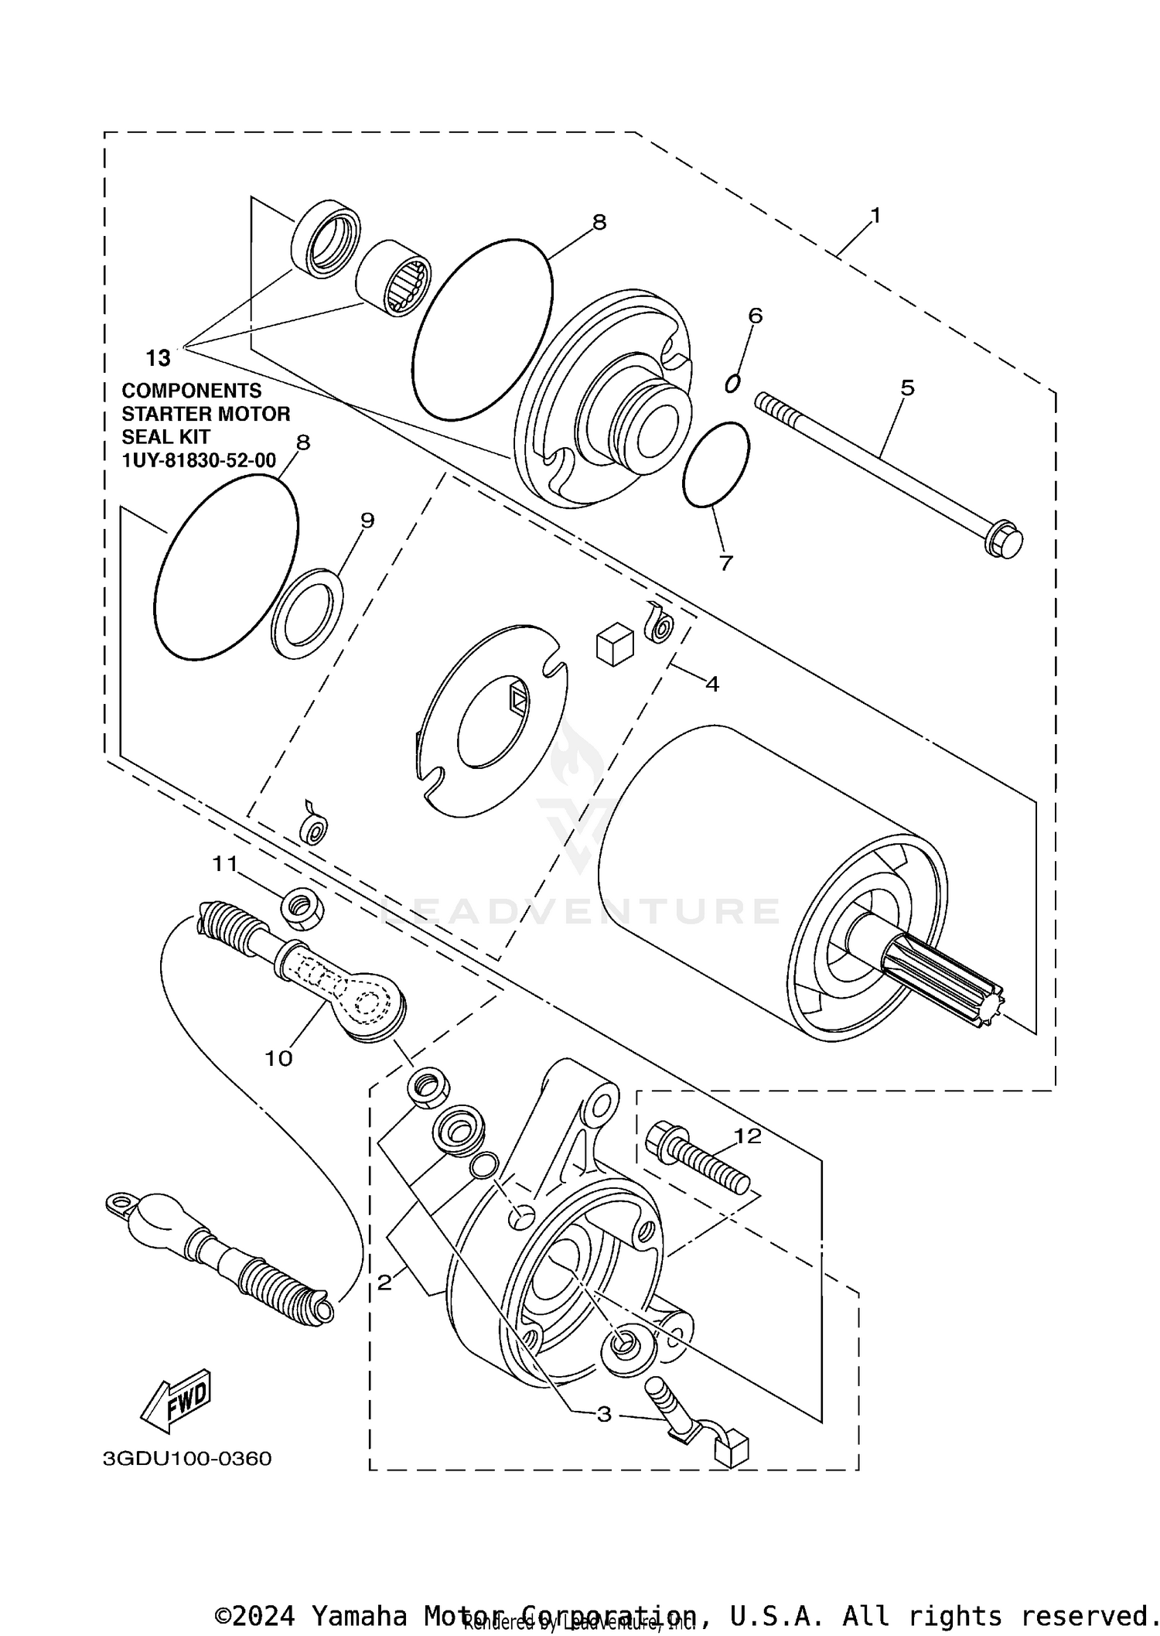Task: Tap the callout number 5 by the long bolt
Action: point(907,387)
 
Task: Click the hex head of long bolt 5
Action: point(1004,540)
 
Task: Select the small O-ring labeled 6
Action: point(732,383)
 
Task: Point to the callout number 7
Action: point(725,563)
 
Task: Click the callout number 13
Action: point(158,358)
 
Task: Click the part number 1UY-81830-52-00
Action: point(199,460)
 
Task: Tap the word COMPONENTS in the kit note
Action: point(192,391)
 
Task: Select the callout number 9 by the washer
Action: point(367,520)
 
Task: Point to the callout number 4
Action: point(712,684)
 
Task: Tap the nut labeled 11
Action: point(302,908)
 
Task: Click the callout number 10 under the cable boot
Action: point(278,1058)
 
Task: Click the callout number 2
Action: point(384,1283)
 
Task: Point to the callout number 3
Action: point(604,1415)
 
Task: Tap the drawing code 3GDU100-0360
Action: point(187,1459)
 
